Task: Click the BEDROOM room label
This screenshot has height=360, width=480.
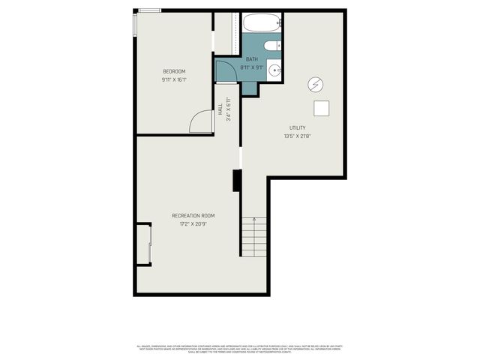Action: click(173, 71)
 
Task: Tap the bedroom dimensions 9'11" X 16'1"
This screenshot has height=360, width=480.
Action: click(173, 79)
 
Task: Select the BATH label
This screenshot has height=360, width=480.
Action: click(252, 58)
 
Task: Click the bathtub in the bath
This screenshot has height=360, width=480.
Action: click(262, 25)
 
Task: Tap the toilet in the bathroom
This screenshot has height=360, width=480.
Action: click(271, 46)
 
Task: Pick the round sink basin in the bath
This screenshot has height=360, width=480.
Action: click(274, 71)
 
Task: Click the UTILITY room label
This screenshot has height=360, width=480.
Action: click(298, 127)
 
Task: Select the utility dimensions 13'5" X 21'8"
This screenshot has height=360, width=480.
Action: click(298, 136)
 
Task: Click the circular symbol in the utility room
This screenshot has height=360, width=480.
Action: click(315, 83)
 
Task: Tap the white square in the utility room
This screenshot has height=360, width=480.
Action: click(322, 109)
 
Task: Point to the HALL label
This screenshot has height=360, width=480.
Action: click(220, 109)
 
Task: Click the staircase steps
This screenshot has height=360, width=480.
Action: click(254, 236)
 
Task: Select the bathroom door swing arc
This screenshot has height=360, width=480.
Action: click(225, 71)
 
